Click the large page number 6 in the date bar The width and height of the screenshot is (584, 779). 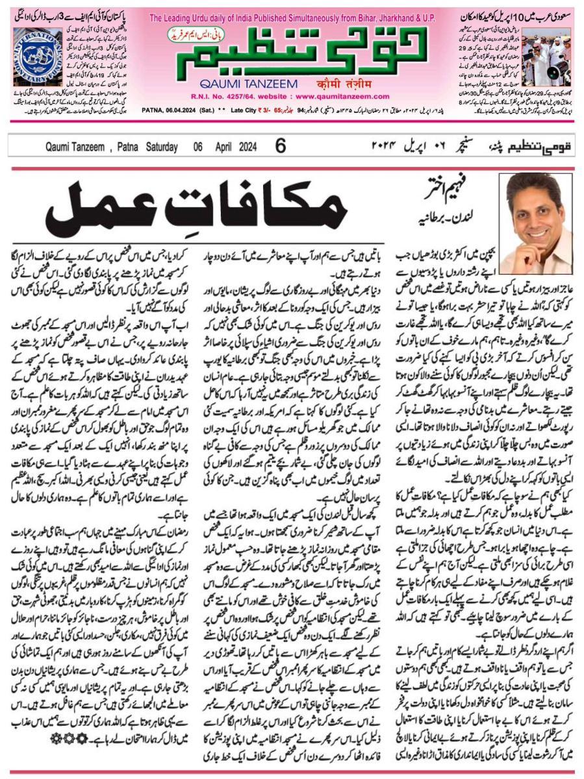click(x=280, y=146)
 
